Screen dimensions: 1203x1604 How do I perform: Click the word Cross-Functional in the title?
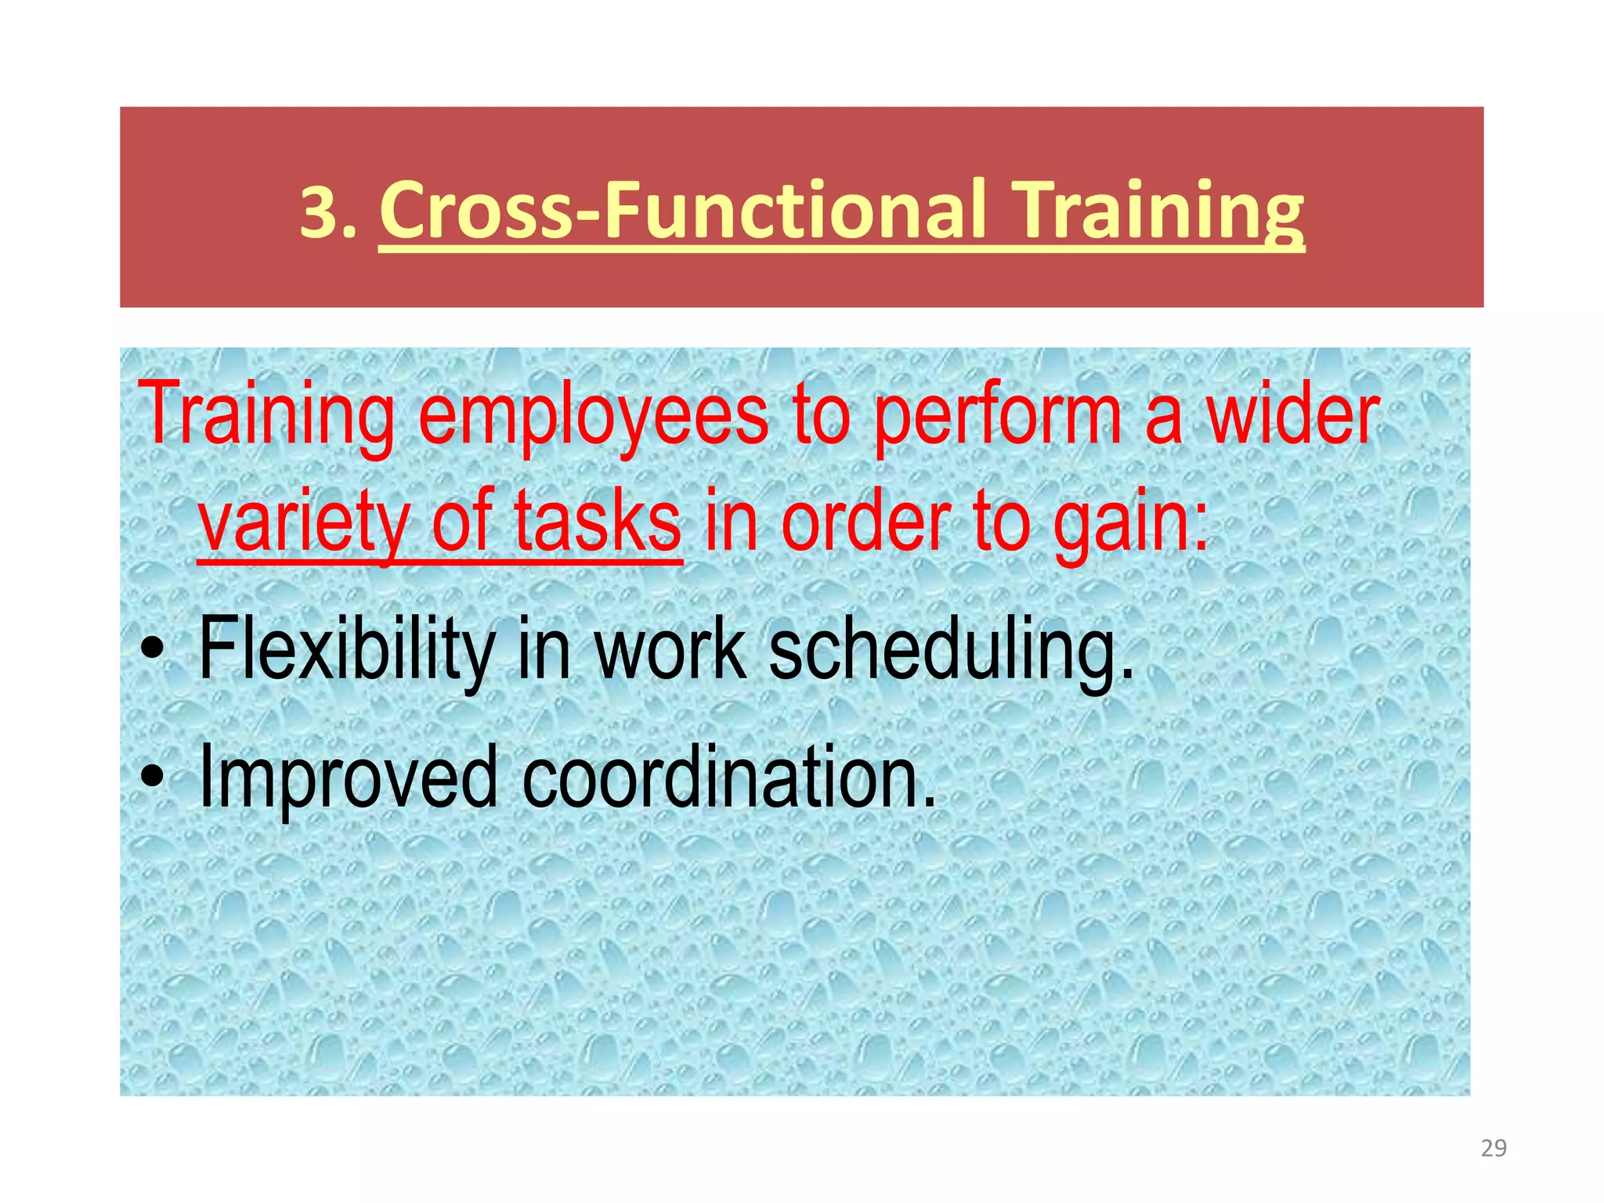pos(681,210)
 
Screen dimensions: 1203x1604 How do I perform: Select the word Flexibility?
pos(345,649)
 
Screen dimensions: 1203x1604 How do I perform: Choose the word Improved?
pos(348,779)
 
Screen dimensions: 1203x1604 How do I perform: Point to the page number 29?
pos(1494,1148)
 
